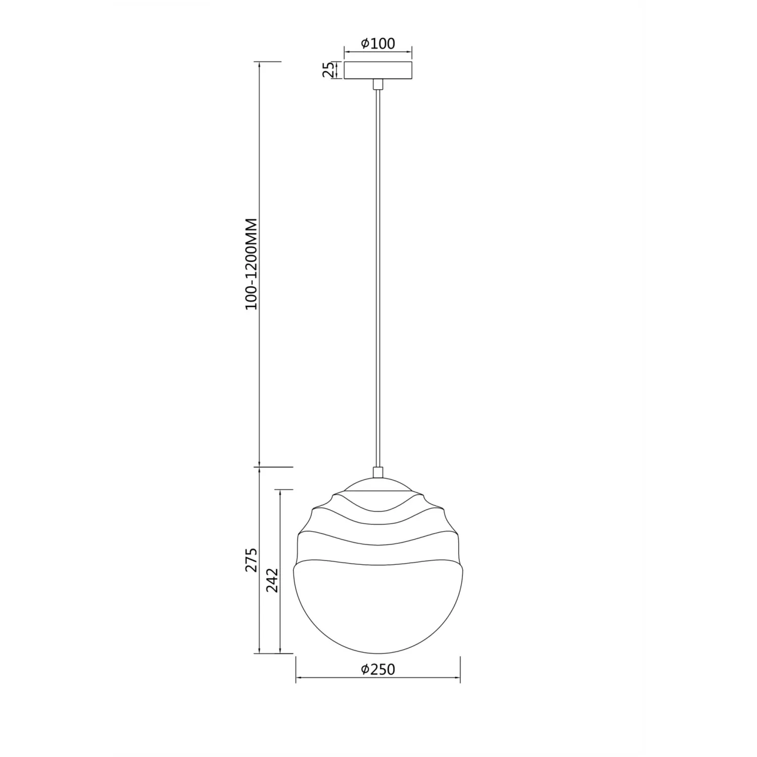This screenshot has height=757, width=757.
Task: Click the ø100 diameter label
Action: (x=378, y=43)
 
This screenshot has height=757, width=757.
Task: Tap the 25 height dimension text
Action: (x=329, y=70)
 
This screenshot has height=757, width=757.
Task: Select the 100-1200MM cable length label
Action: (x=252, y=264)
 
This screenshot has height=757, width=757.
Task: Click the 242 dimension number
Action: (x=272, y=580)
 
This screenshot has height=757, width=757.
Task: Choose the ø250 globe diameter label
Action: (x=378, y=669)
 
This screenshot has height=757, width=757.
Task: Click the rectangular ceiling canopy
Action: (x=377, y=70)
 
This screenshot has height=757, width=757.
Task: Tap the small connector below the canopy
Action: (x=377, y=84)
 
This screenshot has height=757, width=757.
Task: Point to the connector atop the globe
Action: (x=377, y=472)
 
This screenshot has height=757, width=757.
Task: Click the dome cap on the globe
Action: (x=377, y=483)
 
